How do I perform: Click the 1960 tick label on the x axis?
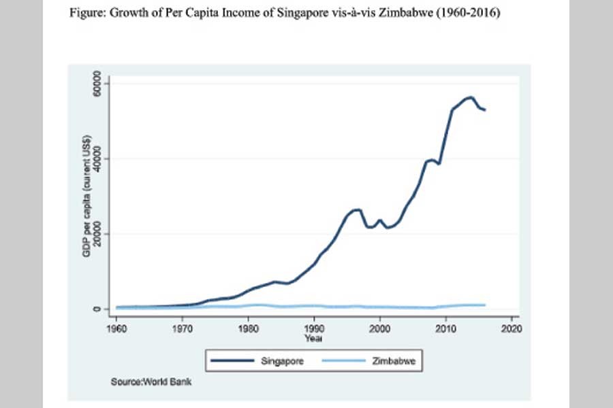(116, 327)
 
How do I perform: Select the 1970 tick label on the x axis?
(182, 327)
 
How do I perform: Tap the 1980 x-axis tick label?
(248, 327)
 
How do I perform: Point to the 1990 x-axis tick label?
(313, 327)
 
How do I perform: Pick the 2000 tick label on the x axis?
(379, 327)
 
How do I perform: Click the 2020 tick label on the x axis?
(511, 327)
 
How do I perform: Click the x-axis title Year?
(313, 337)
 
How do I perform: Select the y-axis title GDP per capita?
(87, 197)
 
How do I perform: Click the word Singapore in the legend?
(282, 362)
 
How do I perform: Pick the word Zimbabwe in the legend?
(392, 362)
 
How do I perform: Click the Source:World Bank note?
(151, 382)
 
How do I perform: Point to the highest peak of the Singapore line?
(469, 97)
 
